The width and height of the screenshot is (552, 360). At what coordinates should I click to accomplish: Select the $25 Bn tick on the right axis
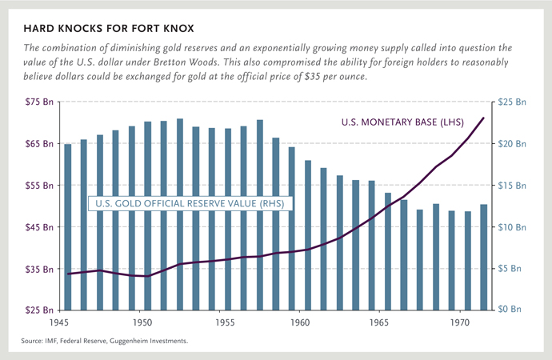(x=512, y=102)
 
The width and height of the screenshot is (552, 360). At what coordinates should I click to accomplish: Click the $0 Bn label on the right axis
(x=512, y=309)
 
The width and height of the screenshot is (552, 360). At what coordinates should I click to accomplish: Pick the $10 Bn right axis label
(x=512, y=226)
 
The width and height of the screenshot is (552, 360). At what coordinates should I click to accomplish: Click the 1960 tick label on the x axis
(x=298, y=323)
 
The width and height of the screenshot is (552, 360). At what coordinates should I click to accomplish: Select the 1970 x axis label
(x=458, y=323)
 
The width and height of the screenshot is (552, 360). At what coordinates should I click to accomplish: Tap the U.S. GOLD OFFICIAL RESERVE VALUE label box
(x=188, y=204)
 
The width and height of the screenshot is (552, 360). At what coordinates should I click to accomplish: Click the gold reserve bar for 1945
(x=68, y=226)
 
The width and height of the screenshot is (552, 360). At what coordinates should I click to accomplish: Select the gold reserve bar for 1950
(x=148, y=216)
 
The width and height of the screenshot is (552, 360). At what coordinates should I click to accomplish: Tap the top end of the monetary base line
(x=483, y=118)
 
